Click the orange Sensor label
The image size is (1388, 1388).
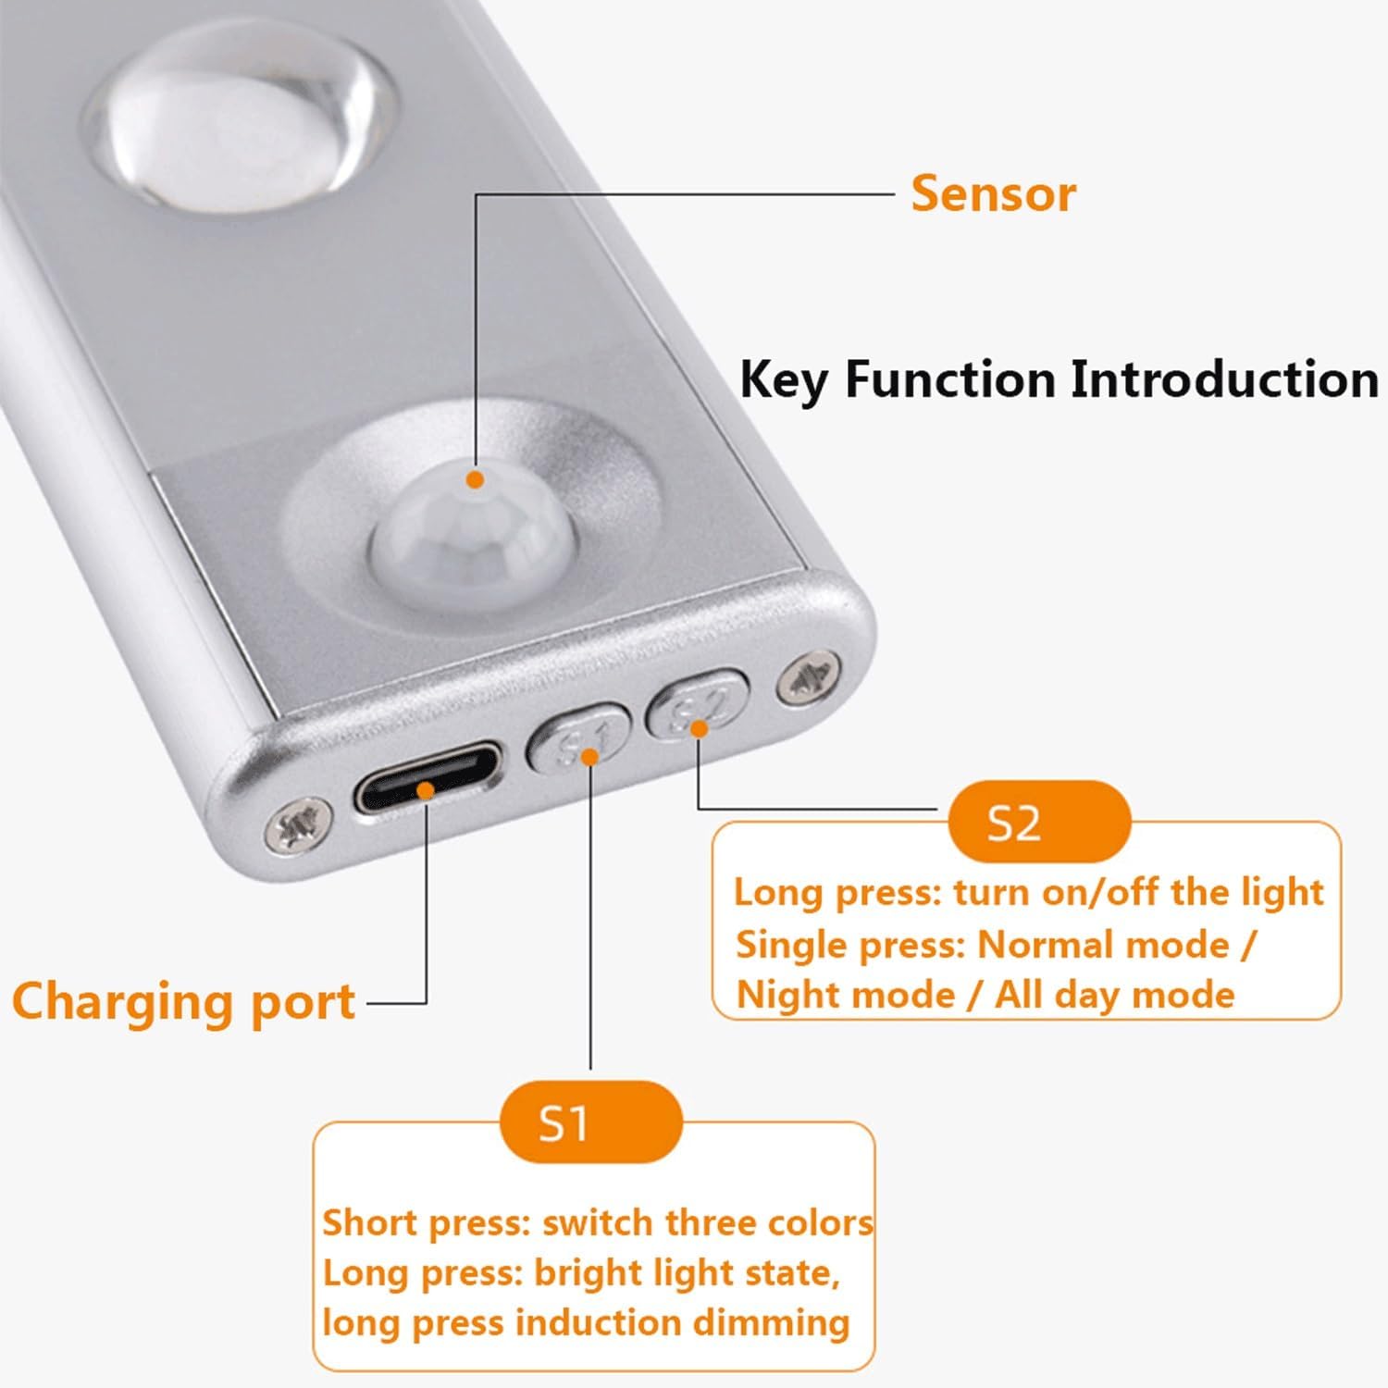(993, 193)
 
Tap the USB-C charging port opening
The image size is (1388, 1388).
(428, 779)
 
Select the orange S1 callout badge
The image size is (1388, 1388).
(590, 1122)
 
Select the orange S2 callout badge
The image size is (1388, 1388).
(1040, 821)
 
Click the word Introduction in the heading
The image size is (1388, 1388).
(1224, 379)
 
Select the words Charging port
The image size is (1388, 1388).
(183, 1003)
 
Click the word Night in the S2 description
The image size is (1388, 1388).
(797, 995)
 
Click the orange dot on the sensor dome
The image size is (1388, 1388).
(476, 479)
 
